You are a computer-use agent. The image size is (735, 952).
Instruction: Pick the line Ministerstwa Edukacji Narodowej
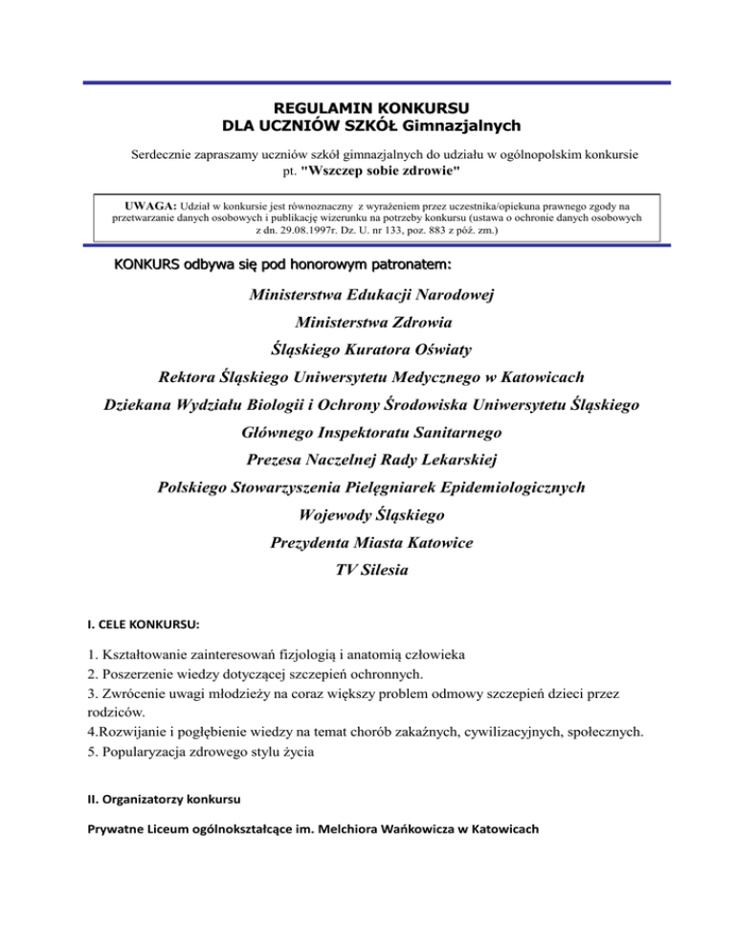click(x=367, y=295)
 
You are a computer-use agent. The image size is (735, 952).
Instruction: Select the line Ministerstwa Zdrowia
click(x=367, y=323)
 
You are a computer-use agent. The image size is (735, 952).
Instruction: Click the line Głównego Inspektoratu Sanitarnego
click(x=367, y=433)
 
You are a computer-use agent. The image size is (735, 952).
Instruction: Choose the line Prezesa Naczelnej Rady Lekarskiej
click(x=367, y=461)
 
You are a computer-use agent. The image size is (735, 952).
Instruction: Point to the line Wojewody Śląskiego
click(x=367, y=515)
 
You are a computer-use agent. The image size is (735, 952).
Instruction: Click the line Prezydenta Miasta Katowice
click(x=367, y=543)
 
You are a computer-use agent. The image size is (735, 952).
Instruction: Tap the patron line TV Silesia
click(x=367, y=571)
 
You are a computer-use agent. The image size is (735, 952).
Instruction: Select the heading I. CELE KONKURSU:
click(x=146, y=624)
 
